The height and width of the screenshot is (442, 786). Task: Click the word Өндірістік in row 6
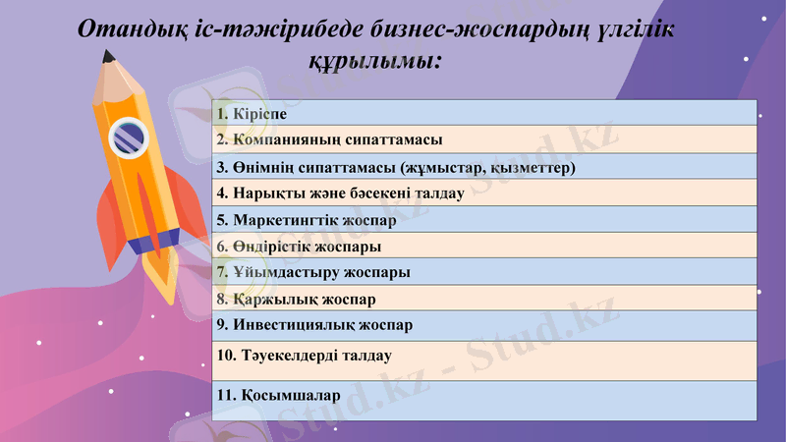[272, 247]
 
